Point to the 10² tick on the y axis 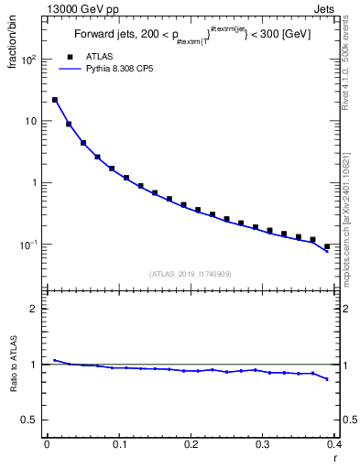tap(28, 60)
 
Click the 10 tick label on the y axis tap(30, 122)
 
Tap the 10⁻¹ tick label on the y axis tap(28, 245)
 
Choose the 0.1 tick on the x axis tap(118, 445)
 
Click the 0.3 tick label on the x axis tap(262, 445)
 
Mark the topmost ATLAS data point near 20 tap(54, 100)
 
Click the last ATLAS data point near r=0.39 tap(327, 246)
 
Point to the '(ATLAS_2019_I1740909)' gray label tap(191, 274)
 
